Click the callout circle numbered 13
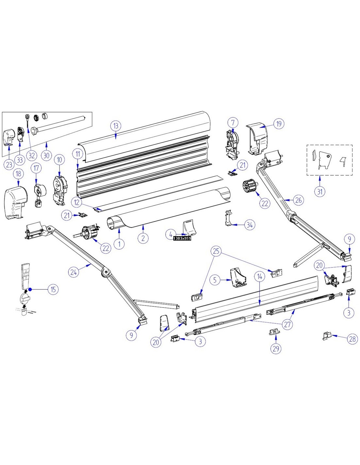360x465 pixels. [116, 126]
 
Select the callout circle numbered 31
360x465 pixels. [320, 191]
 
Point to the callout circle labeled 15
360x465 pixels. [53, 289]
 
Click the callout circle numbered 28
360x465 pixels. [352, 339]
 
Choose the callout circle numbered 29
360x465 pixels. [276, 348]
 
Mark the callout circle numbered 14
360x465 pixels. [260, 277]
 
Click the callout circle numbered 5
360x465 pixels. [215, 280]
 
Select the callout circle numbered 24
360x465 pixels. [74, 272]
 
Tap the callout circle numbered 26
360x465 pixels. [298, 200]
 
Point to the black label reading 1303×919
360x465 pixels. [182, 238]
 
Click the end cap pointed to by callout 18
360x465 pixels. [16, 202]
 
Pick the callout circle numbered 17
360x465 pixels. [36, 168]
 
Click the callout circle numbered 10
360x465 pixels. [60, 160]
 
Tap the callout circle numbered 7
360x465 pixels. [233, 123]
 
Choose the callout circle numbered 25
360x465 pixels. [216, 251]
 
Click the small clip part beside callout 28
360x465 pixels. [327, 336]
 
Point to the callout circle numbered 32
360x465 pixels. [31, 155]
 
